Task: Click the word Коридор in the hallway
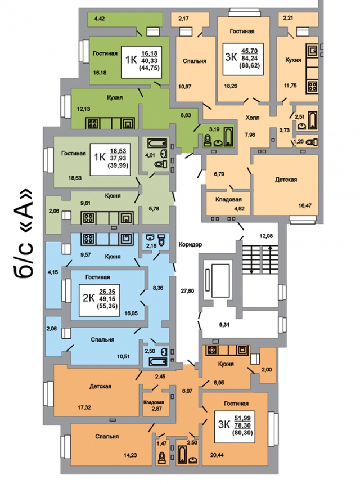point(190,244)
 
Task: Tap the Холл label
point(253,118)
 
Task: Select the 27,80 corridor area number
point(187,290)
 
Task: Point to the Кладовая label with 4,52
point(228,199)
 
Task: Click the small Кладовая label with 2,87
point(154,402)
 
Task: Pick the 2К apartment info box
point(98,299)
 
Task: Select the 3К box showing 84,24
point(243,59)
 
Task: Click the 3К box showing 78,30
point(235,427)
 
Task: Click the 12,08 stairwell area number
point(266,236)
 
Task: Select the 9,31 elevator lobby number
point(224,325)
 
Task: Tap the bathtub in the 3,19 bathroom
point(228,136)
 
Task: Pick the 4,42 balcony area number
point(100,19)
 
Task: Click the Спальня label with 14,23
point(107,437)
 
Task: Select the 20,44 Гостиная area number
point(217,455)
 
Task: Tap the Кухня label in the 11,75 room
point(293,60)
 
